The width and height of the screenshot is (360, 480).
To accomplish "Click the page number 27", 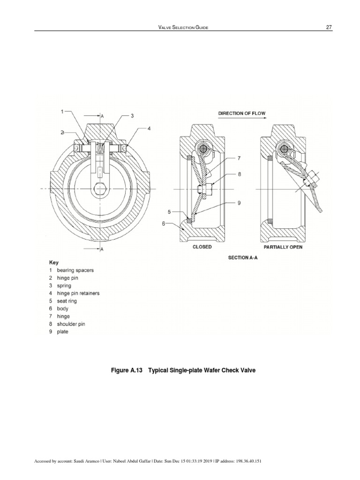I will pos(329,28).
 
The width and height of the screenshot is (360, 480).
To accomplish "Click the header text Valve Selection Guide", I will pos(183,28).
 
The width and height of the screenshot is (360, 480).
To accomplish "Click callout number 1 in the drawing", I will pos(62,112).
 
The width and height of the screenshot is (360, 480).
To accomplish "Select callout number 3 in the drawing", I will pos(132,115).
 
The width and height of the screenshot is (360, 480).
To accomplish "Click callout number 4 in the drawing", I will pos(149,128).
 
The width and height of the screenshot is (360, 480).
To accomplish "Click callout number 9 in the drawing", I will pos(239,202).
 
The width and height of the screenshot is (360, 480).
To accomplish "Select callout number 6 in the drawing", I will pos(164,224).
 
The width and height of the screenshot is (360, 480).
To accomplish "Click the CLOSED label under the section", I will pos(202,247).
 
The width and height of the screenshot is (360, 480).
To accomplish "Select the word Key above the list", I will pos(54,262).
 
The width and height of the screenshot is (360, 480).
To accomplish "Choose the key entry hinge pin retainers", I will pos(78,293).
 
